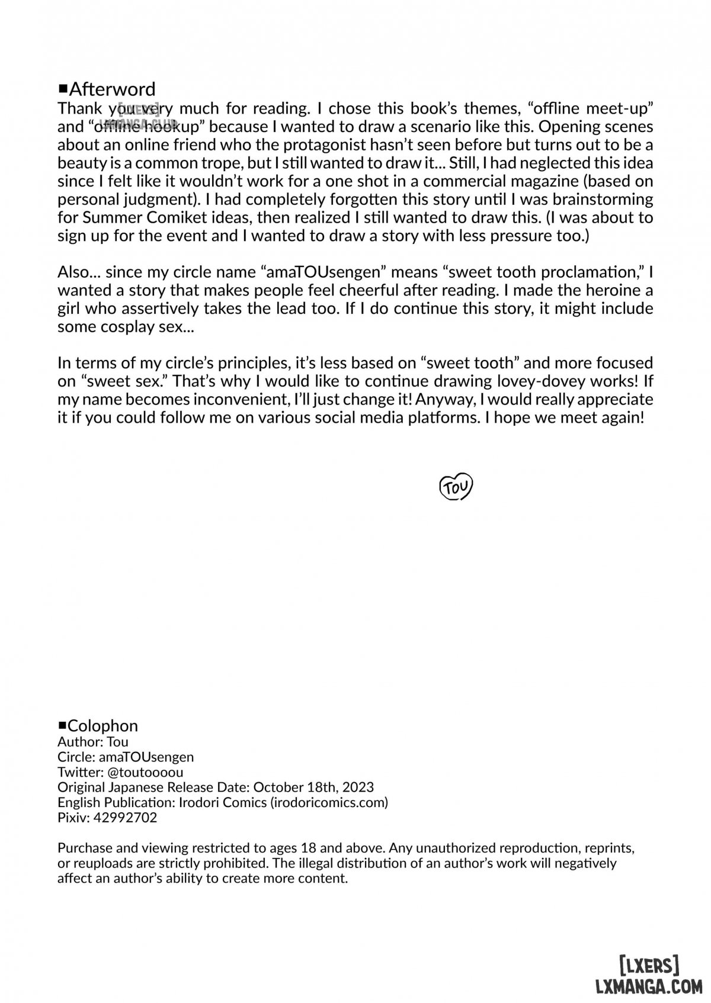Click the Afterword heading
pyautogui.click(x=112, y=89)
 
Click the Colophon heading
pyautogui.click(x=103, y=726)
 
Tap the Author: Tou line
pyautogui.click(x=93, y=741)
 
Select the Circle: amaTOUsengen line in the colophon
pyautogui.click(x=126, y=757)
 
